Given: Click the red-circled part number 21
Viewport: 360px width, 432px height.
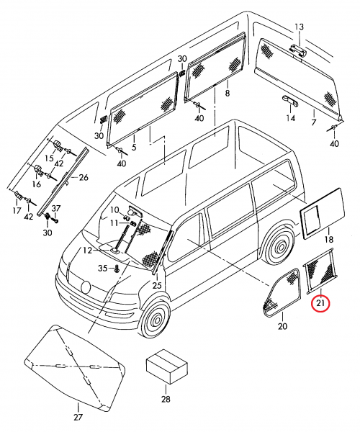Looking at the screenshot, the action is pos(320,303).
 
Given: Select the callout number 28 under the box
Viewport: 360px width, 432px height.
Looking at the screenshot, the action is pos(166,399).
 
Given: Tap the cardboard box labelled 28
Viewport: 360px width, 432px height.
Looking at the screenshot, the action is pos(166,366).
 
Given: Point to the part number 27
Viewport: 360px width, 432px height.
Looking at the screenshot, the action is pos(78,417).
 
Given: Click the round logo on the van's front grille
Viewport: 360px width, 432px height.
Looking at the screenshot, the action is pos(86,287).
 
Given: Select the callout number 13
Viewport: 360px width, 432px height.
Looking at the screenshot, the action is pos(299,27).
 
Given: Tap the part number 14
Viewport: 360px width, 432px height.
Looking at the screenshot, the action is pos(290,118).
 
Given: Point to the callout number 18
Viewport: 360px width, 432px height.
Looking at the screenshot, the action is pos(328,239).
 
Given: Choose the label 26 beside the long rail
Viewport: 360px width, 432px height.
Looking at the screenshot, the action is pos(84,177).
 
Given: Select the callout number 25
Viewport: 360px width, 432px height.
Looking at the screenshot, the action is pos(157,285).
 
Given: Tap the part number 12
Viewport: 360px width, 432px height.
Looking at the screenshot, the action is pos(87,251).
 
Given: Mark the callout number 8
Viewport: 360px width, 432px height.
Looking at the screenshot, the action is pos(227,93).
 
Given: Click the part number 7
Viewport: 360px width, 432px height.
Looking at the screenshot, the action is pos(313,122).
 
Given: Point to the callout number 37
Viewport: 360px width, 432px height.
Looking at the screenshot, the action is pos(56,208).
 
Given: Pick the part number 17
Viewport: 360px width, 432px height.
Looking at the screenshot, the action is pos(17,210).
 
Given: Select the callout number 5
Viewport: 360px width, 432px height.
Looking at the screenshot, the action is pos(134,147).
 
